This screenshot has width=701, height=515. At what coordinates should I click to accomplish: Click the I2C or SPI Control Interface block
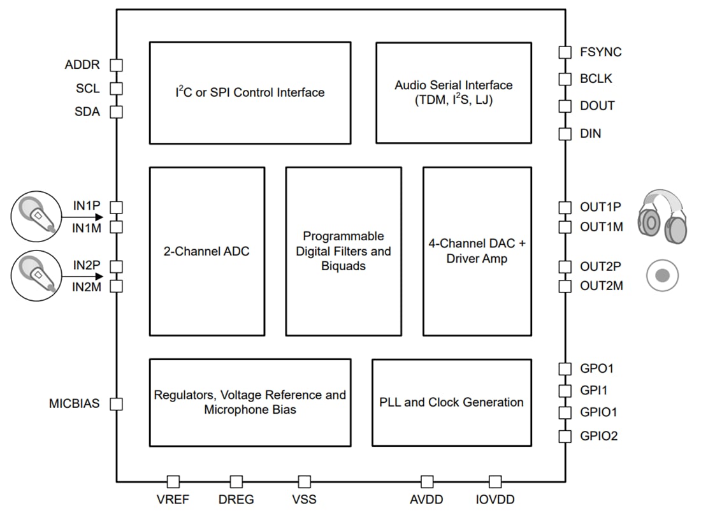[x=250, y=92]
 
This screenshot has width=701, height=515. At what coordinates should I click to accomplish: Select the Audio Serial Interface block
[x=453, y=92]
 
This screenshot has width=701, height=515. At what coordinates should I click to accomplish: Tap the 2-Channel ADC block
[x=206, y=251]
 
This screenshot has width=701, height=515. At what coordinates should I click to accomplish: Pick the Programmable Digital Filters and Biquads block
[x=343, y=251]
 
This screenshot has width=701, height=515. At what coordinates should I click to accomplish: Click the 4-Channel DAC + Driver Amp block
[x=477, y=251]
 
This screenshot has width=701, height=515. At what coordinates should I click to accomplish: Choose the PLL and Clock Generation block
[x=451, y=402]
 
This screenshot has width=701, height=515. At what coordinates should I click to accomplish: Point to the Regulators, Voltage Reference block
[x=250, y=402]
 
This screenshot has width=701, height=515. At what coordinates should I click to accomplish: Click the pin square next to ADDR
[x=117, y=65]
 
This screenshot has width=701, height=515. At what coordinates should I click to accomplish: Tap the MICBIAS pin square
[x=117, y=404]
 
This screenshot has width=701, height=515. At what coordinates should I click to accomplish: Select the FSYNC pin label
[x=600, y=52]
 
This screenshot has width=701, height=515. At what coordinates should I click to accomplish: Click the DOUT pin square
[x=565, y=106]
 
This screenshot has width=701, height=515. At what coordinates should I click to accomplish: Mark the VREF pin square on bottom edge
[x=173, y=482]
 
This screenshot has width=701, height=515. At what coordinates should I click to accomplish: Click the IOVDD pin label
[x=495, y=500]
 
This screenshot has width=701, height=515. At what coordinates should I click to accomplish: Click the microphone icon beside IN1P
[x=36, y=215]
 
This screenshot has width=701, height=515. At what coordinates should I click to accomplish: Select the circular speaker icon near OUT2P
[x=662, y=275]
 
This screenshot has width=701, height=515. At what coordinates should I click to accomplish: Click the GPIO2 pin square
[x=565, y=437]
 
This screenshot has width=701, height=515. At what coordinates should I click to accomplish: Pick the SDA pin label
[x=87, y=112]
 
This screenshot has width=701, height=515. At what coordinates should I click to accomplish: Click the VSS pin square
[x=305, y=482]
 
